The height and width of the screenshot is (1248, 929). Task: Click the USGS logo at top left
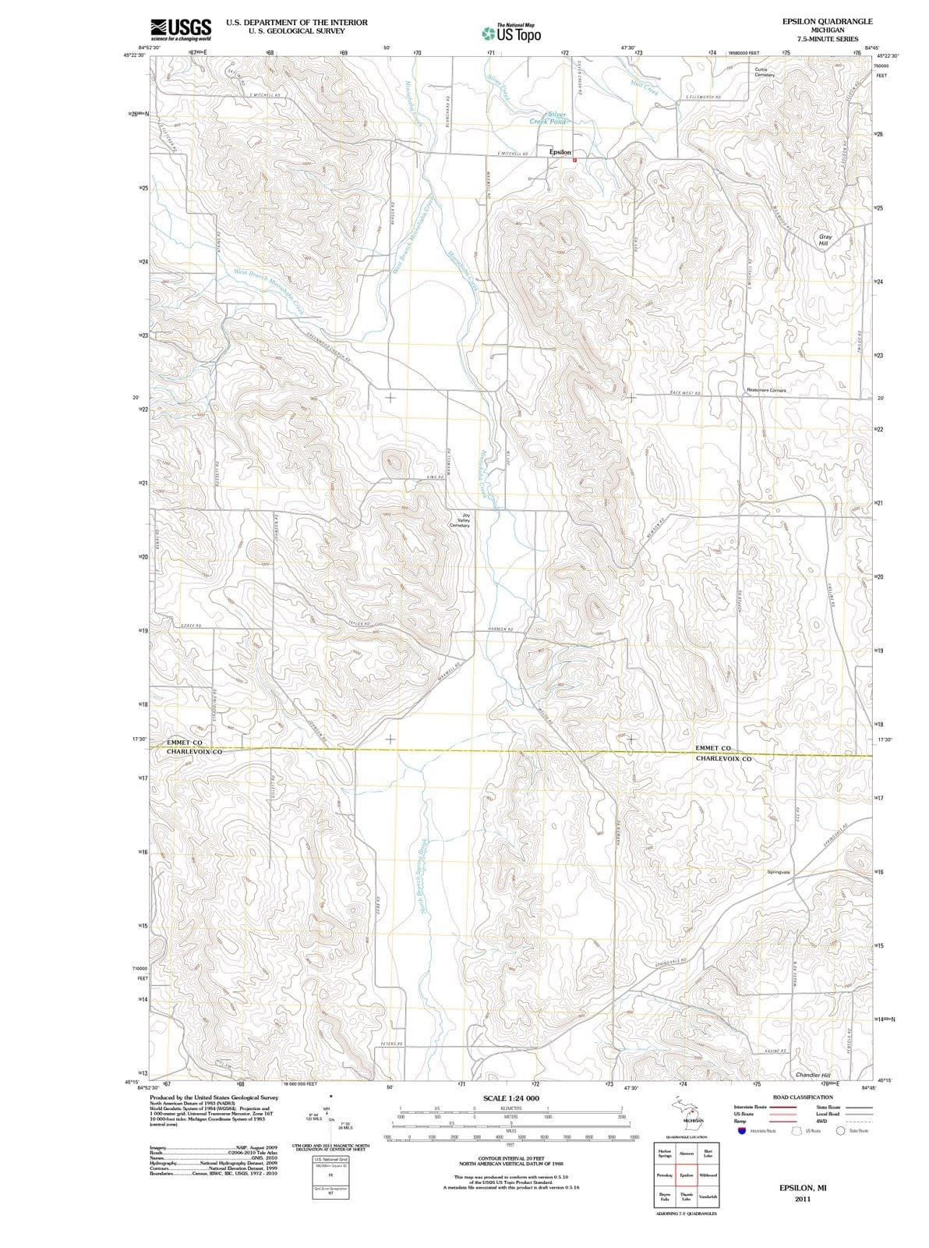pyautogui.click(x=181, y=28)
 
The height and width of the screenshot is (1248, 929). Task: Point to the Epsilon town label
pyautogui.click(x=560, y=152)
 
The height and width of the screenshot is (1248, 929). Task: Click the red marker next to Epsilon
pyautogui.click(x=575, y=159)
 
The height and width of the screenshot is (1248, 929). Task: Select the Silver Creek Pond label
pyautogui.click(x=548, y=118)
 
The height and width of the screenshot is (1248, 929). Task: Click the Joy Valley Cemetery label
pyautogui.click(x=459, y=520)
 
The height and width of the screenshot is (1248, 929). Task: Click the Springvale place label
pyautogui.click(x=779, y=871)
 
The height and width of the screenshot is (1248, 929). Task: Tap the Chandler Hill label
pyautogui.click(x=814, y=1075)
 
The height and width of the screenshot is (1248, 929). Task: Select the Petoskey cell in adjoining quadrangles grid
pyautogui.click(x=665, y=1175)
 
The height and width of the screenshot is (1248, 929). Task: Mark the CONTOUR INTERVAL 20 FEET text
pyautogui.click(x=510, y=1159)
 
